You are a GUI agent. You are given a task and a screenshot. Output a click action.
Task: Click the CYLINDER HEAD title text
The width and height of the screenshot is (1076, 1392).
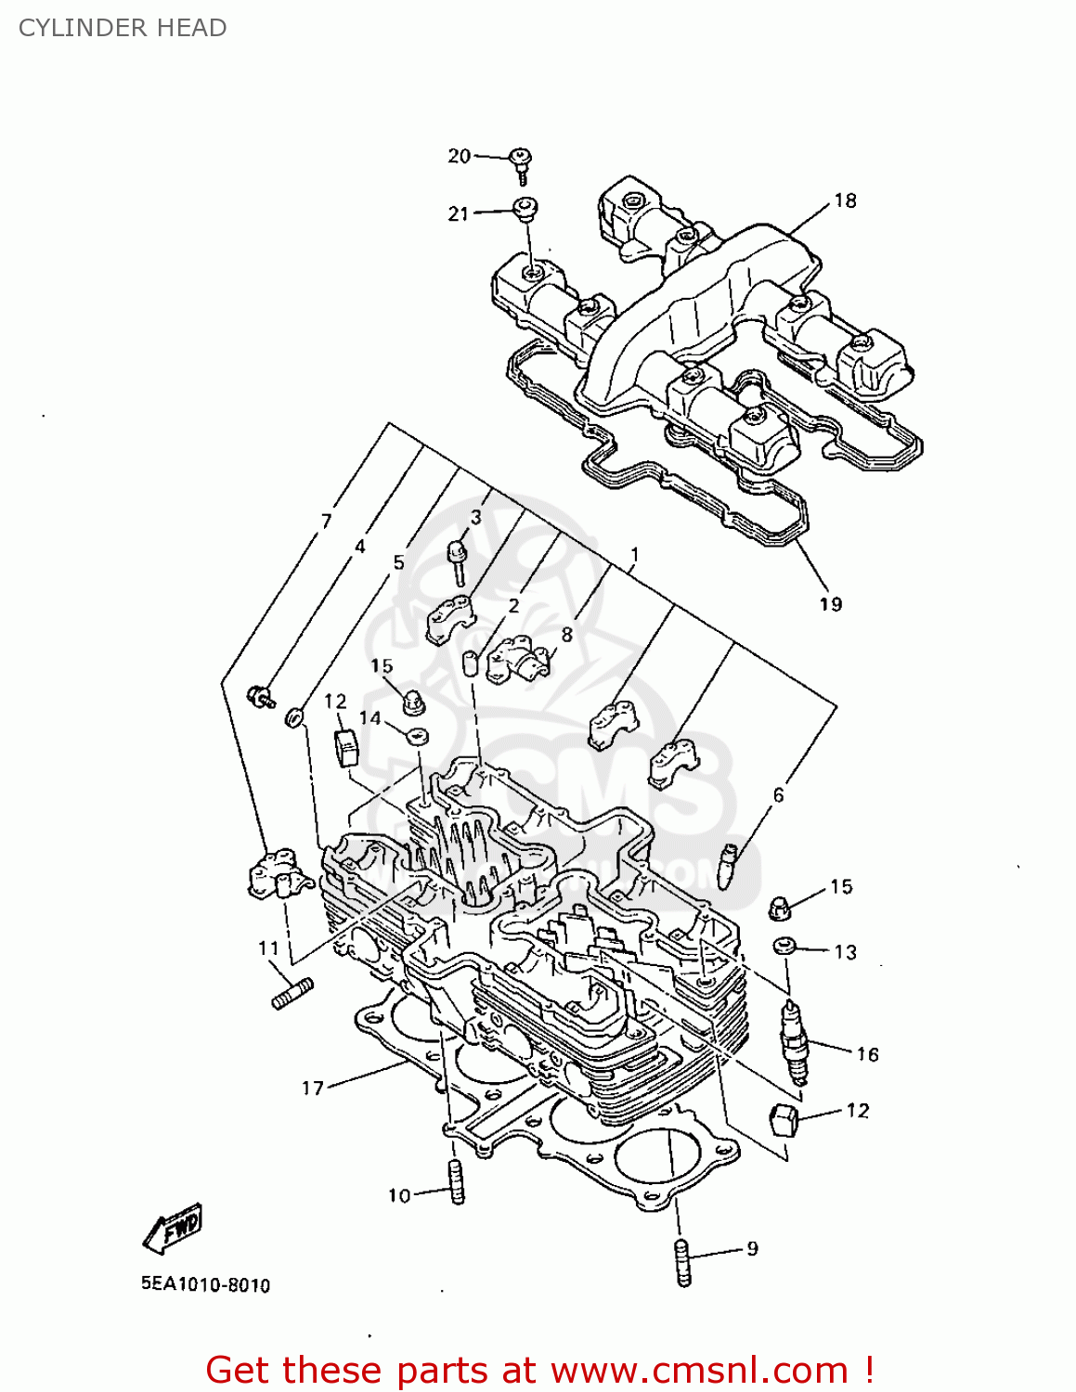(x=123, y=28)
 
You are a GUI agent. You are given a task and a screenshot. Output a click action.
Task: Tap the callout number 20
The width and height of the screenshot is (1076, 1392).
(x=459, y=156)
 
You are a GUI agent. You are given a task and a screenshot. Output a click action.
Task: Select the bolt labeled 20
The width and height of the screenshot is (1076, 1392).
(x=522, y=164)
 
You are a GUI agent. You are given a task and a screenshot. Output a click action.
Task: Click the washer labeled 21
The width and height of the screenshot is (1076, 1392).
(x=525, y=208)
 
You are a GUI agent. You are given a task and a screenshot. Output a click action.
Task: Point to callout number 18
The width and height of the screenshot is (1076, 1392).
(x=845, y=200)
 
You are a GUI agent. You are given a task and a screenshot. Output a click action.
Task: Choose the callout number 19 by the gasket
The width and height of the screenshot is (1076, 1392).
(x=830, y=604)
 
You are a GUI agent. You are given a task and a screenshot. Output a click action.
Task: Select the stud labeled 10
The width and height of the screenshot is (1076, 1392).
(x=456, y=1182)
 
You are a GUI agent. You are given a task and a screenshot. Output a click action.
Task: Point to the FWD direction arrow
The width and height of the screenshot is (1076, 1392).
(x=174, y=1228)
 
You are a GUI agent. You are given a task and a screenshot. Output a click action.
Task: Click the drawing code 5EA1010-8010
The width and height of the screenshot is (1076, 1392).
(x=205, y=1285)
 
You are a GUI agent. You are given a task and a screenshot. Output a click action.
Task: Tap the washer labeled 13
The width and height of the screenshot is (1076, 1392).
(x=784, y=947)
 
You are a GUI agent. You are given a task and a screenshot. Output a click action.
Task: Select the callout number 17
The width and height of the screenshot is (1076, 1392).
(x=312, y=1088)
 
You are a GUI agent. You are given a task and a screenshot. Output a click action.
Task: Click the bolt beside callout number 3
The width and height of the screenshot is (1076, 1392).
(x=458, y=561)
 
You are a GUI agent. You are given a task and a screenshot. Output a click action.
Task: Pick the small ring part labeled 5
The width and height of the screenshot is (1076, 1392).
(x=295, y=717)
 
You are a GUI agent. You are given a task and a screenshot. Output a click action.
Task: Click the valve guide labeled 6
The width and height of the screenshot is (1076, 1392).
(x=728, y=865)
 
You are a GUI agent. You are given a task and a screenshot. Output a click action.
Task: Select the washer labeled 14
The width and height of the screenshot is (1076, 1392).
(x=417, y=737)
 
